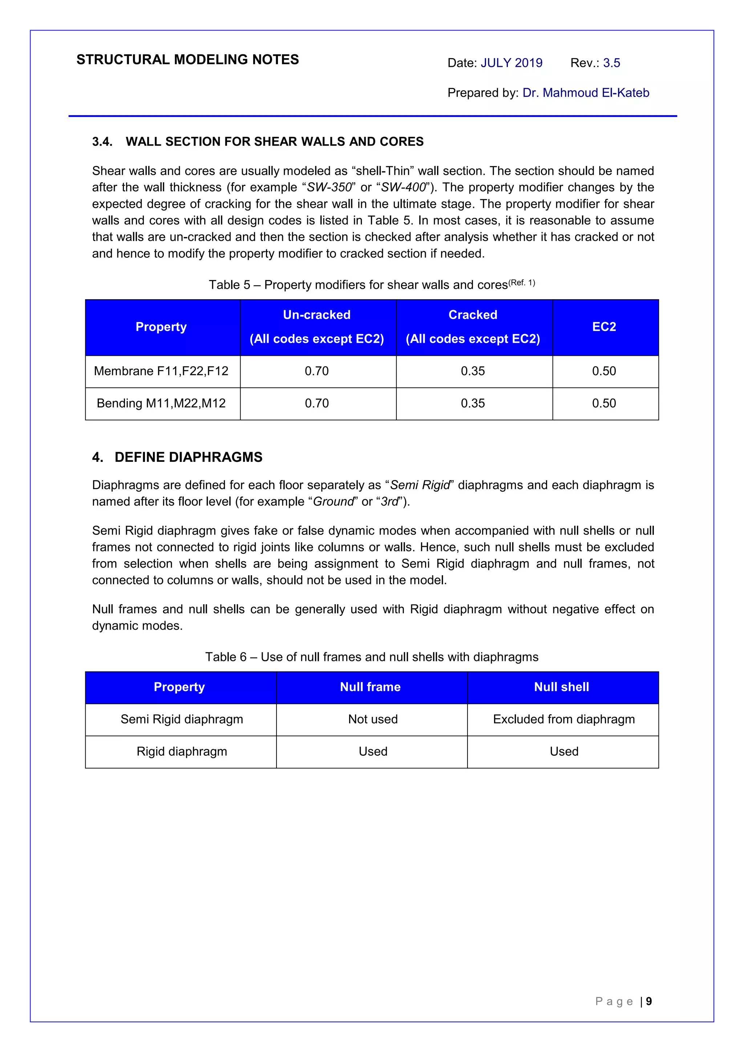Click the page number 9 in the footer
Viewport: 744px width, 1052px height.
tap(649, 1001)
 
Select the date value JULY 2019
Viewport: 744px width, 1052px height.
tap(511, 63)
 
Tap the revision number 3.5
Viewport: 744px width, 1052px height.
tap(611, 63)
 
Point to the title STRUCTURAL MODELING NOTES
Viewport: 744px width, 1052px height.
tap(187, 60)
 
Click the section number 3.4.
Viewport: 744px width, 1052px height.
tap(102, 142)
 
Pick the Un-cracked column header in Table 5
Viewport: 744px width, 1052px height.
tap(317, 315)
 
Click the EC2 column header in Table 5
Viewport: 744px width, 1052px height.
tap(604, 327)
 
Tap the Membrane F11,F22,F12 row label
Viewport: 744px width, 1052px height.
tap(161, 371)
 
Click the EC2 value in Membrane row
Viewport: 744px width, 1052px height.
tap(604, 371)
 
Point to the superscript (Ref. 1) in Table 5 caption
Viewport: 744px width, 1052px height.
tap(522, 283)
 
